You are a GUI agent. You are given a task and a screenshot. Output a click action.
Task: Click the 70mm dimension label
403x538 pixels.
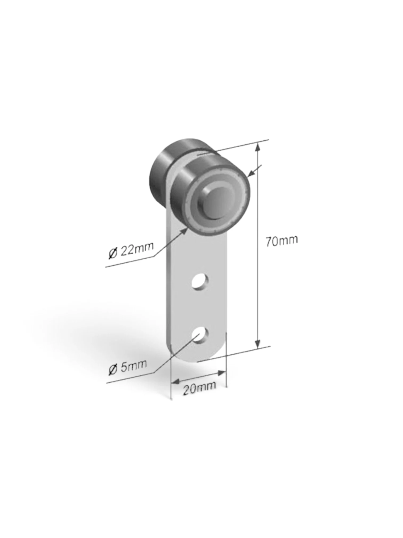282,241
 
